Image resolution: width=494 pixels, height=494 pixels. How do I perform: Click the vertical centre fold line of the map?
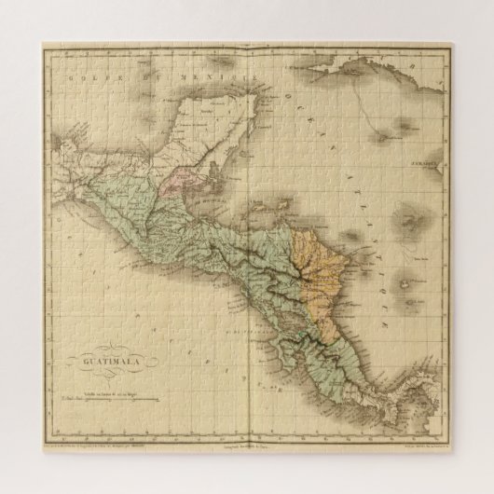[247, 280]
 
